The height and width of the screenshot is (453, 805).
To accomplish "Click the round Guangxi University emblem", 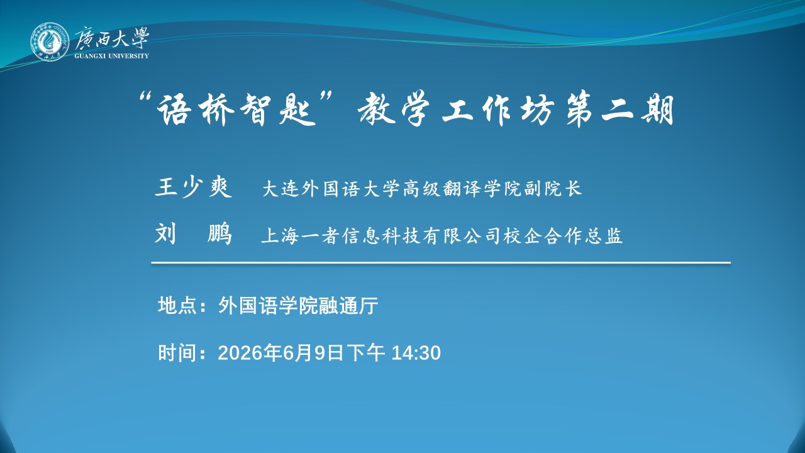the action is pyautogui.click(x=50, y=42).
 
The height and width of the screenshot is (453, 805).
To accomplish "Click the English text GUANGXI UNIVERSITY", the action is pyautogui.click(x=112, y=56).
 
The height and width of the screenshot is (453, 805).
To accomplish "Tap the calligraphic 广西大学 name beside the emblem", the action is pyautogui.click(x=112, y=38).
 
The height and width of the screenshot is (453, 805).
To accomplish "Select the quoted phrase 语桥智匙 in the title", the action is pyautogui.click(x=236, y=109).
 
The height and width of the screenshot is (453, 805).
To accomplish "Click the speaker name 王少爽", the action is pyautogui.click(x=194, y=187).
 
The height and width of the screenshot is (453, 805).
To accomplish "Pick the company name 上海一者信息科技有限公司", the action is pyautogui.click(x=381, y=236).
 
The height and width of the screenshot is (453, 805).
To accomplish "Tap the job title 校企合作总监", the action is pyautogui.click(x=563, y=236).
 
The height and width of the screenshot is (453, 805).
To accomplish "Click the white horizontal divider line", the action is pyautogui.click(x=441, y=263).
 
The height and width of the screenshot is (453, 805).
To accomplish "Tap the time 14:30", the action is pyautogui.click(x=416, y=353).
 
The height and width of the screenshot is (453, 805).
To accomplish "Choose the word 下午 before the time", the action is pyautogui.click(x=366, y=353).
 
